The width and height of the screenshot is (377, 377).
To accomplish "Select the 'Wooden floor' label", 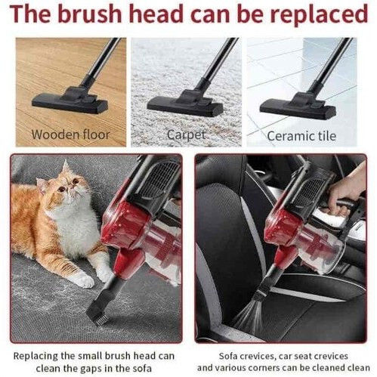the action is click(x=70, y=134).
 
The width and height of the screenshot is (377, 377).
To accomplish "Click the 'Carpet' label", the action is click(x=186, y=135).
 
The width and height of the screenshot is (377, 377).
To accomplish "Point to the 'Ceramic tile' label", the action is click(x=301, y=136).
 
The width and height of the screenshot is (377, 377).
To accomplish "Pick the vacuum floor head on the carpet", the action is click(x=185, y=103).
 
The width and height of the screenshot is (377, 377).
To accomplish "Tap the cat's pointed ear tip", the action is click(x=66, y=161).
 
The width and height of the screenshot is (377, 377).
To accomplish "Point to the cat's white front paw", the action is click(x=82, y=280).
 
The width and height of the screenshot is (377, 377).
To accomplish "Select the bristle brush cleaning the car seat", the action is click(x=247, y=313).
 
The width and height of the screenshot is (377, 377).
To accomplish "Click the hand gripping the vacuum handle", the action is click(x=347, y=193).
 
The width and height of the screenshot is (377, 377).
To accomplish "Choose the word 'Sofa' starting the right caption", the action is click(x=229, y=356).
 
